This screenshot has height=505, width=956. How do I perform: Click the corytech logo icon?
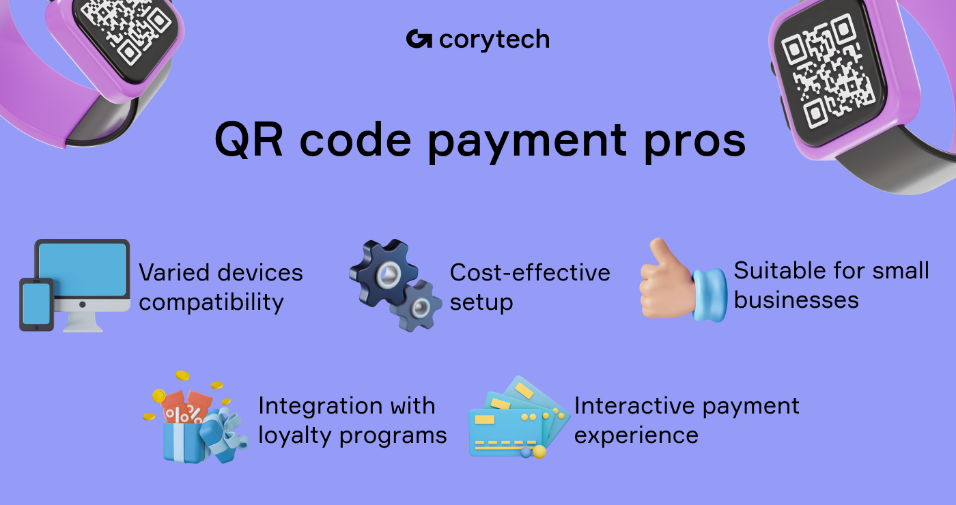419,39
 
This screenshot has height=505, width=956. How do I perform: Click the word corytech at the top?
494,40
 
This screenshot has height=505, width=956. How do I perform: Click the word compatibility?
211,302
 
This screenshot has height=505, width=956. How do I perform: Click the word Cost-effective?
530,272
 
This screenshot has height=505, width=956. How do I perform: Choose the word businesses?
796,300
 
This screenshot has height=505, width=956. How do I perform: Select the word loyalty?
295,435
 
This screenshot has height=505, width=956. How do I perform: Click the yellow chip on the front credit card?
484,419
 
